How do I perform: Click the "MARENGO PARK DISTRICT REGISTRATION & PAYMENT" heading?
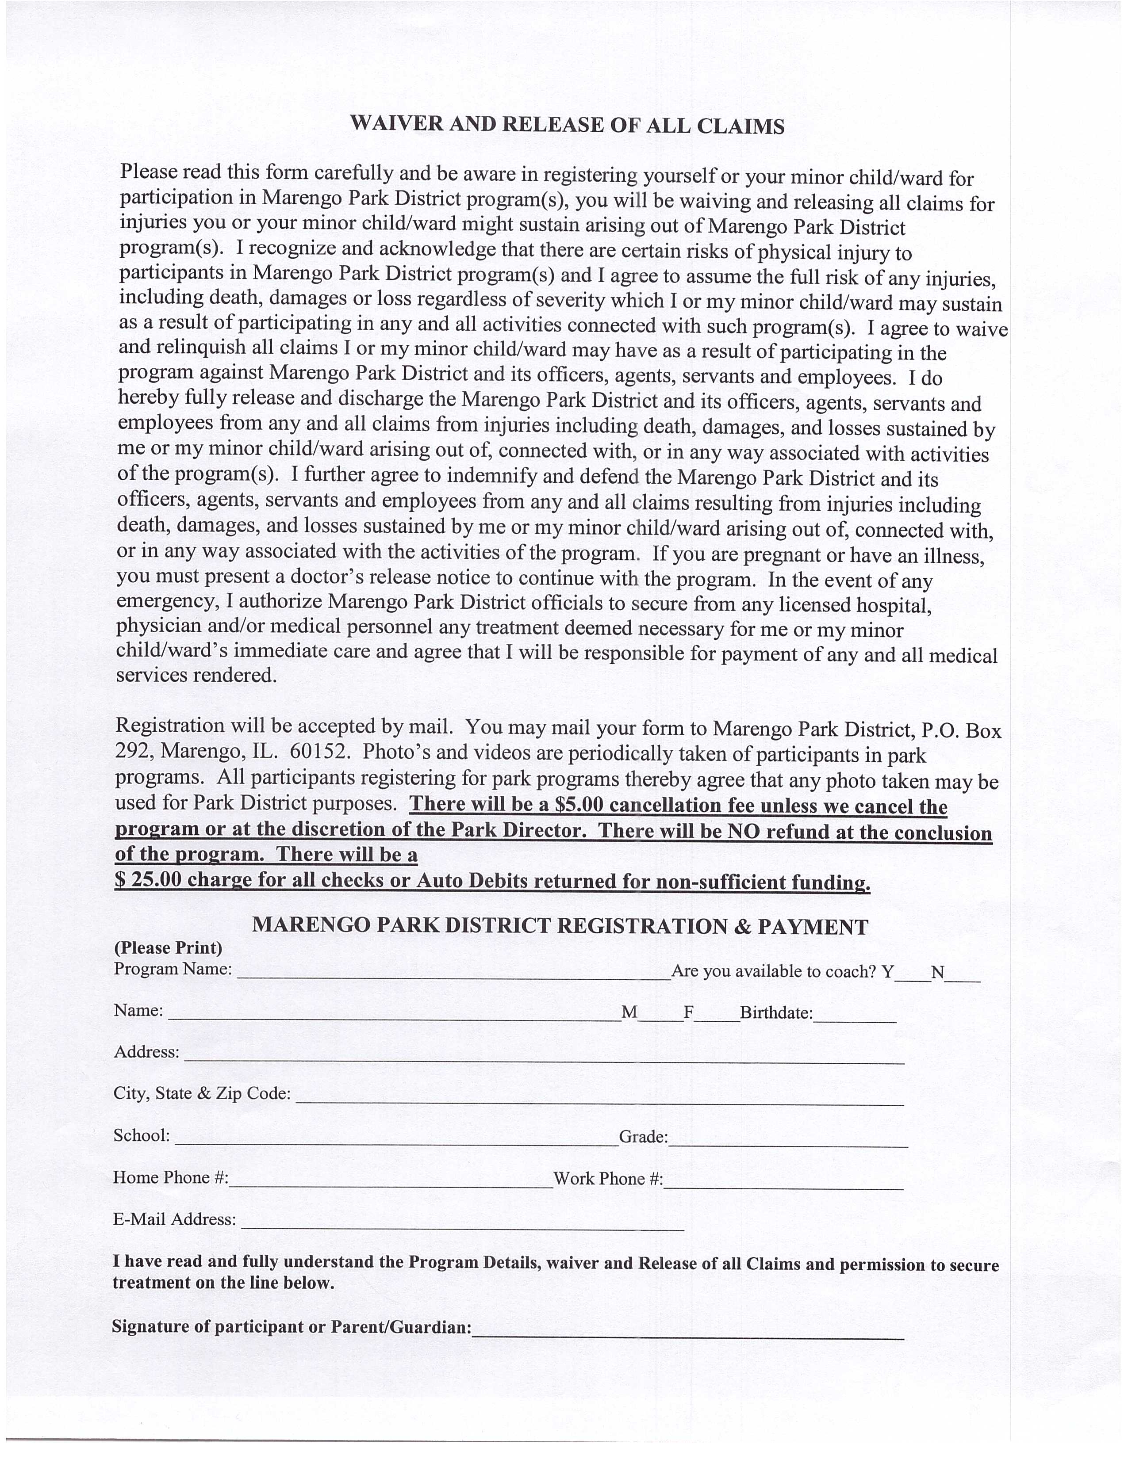point(560,927)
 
